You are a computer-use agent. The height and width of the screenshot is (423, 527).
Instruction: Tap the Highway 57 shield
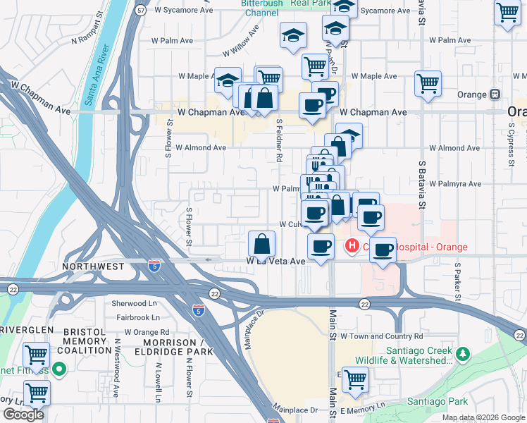pos(142,11)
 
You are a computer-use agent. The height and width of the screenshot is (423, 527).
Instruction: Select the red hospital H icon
pos(351,247)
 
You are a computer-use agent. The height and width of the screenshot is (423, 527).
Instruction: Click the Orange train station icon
pos(495,94)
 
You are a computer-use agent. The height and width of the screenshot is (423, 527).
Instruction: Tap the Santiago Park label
pos(438,401)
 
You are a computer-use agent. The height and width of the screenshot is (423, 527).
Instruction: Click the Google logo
pos(23,415)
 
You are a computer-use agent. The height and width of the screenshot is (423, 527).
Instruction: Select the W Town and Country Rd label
pos(382,337)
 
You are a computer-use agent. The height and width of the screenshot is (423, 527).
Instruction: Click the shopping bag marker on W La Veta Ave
pos(261,245)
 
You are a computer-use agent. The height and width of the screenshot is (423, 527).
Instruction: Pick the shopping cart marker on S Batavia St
pos(428,83)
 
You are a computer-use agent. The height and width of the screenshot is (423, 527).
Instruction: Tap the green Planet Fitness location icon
pos(60,367)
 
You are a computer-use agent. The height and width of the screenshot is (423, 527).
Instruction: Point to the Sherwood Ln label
pos(133,303)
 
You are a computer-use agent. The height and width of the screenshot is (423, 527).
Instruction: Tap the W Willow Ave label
pos(242,48)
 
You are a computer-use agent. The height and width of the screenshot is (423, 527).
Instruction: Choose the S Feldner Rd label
pos(279,140)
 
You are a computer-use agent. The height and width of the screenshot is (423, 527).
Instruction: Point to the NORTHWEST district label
pos(93,266)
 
